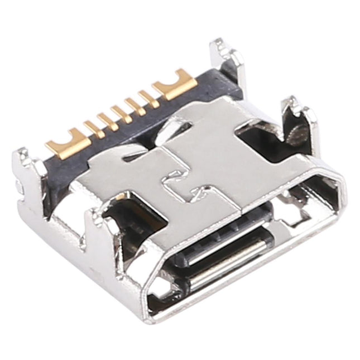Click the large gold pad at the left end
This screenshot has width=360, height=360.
(x=66, y=142)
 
